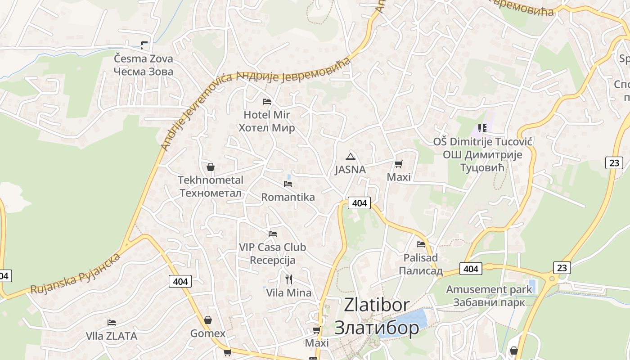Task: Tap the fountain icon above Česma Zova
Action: [144, 45]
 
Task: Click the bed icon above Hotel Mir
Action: [267, 101]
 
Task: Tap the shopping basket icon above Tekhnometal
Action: [210, 167]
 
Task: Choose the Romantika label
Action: [288, 197]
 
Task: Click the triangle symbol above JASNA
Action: [350, 157]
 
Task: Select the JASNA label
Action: [350, 170]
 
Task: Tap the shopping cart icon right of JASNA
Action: [398, 164]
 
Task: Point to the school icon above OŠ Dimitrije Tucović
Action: [482, 128]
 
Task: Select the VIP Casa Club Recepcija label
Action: [272, 253]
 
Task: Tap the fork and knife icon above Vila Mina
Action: [289, 279]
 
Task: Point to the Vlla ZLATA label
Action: [112, 336]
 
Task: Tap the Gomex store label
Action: [208, 333]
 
